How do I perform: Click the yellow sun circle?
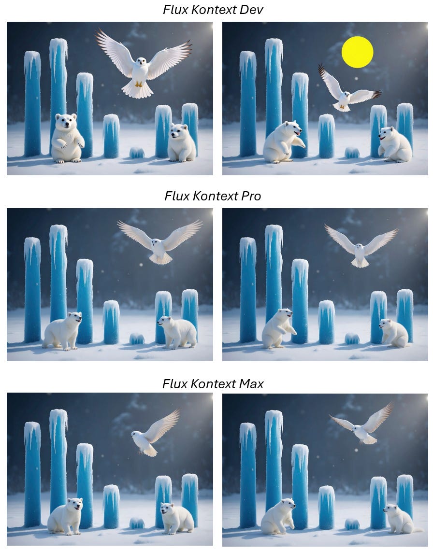pos(357,52)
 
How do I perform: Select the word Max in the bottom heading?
pos(251,384)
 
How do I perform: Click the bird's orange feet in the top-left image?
pos(139,85)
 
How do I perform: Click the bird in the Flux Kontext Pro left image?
pos(160,242)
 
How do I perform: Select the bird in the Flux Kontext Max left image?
pos(155,434)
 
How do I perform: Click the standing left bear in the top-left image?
pos(68,138)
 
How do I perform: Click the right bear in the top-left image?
pos(182,142)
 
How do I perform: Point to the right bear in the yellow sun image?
pos(395,144)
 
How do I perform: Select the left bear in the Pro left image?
pos(63,331)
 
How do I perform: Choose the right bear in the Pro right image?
pos(394,333)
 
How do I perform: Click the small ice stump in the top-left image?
pos(137,153)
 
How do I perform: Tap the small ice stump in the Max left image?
pos(137,523)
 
